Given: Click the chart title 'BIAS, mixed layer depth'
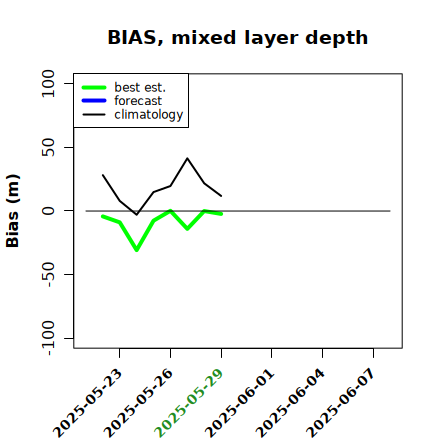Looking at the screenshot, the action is click(238, 38).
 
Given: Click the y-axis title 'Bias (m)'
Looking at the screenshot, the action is click(13, 211).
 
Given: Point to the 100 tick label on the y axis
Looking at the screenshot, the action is click(48, 83).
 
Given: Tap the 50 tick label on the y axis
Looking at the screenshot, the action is click(48, 147).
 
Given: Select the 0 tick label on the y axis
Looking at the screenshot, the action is click(48, 211).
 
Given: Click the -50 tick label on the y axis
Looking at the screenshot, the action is click(48, 274).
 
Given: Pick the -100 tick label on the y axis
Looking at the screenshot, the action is click(48, 338).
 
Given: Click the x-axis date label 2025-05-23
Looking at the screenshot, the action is click(87, 403).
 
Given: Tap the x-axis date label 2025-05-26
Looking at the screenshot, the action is click(138, 403).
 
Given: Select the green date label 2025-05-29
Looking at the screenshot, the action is click(189, 403).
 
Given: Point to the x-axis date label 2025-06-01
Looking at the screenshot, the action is click(239, 403).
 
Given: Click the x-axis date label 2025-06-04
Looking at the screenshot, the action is click(290, 403).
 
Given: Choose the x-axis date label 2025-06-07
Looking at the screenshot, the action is click(341, 403).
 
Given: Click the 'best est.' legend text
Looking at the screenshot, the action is click(140, 87).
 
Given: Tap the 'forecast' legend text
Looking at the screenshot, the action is click(138, 101).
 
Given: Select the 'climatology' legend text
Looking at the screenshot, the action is click(149, 115).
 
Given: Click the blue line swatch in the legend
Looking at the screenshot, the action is click(94, 101).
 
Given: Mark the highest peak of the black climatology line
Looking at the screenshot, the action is click(187, 158).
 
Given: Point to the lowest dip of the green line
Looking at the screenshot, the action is click(137, 250).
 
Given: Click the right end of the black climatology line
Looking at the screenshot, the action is click(221, 196).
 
